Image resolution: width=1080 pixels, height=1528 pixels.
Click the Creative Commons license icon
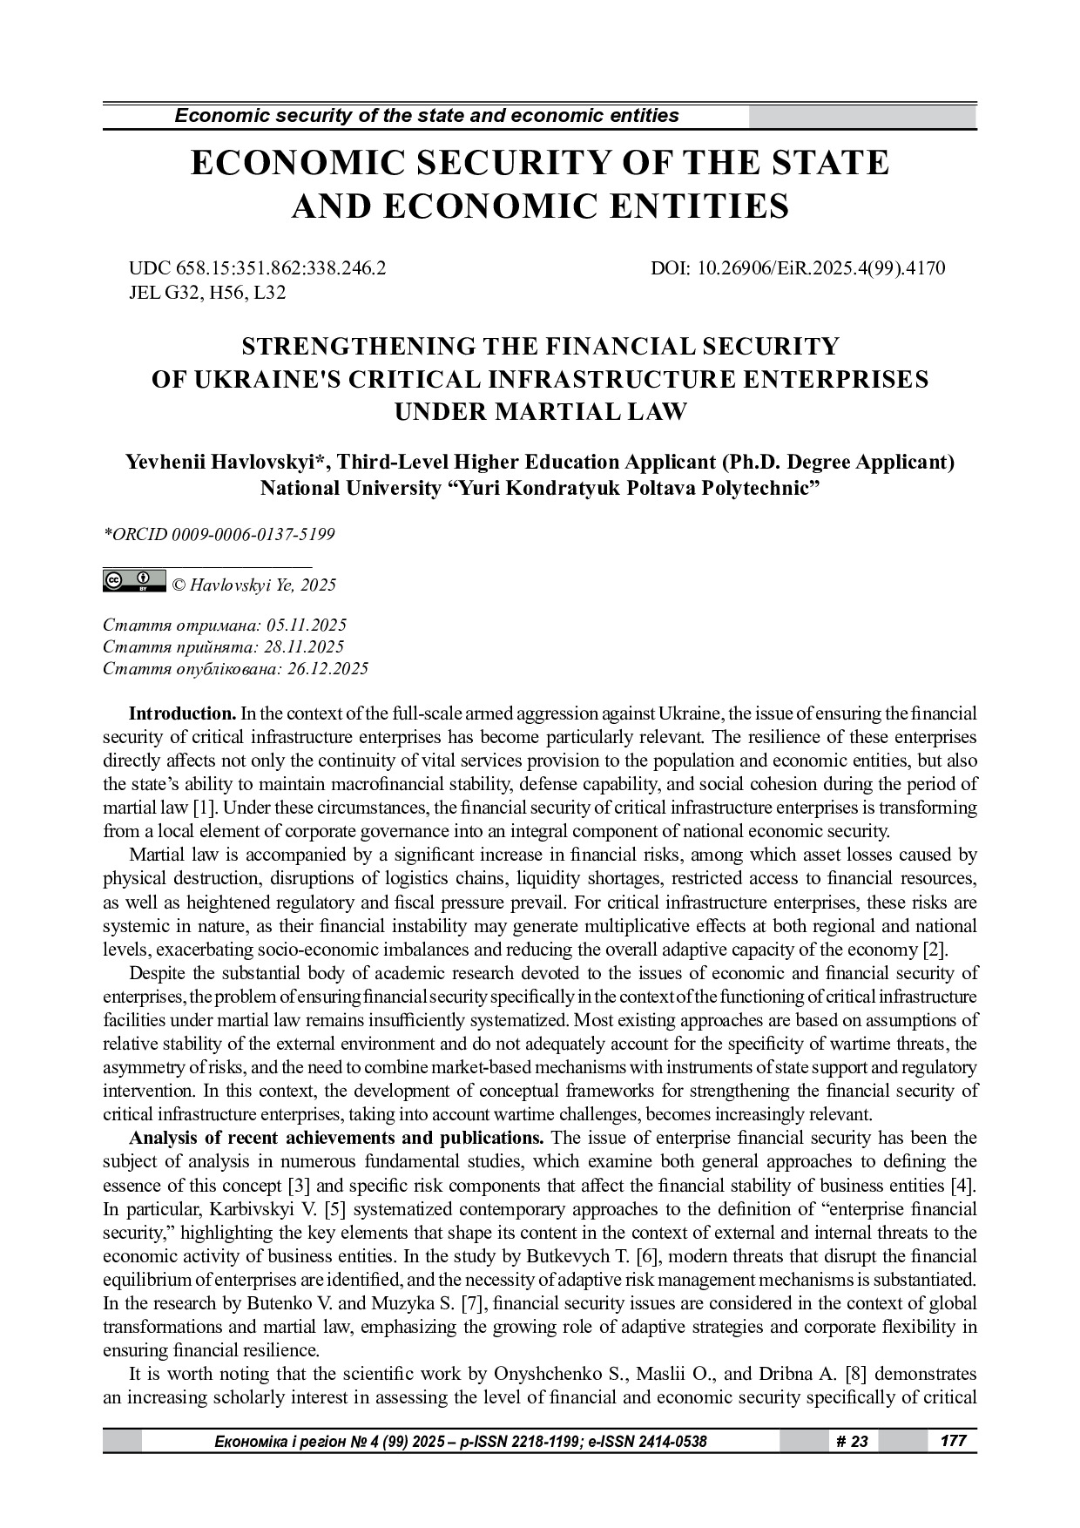click(x=134, y=581)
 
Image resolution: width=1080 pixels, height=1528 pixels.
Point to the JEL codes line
click(x=207, y=293)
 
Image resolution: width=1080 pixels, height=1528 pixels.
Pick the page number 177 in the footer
click(x=954, y=1441)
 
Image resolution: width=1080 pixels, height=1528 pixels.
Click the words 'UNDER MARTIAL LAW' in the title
click(x=540, y=411)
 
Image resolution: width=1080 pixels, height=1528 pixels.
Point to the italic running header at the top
click(x=427, y=116)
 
